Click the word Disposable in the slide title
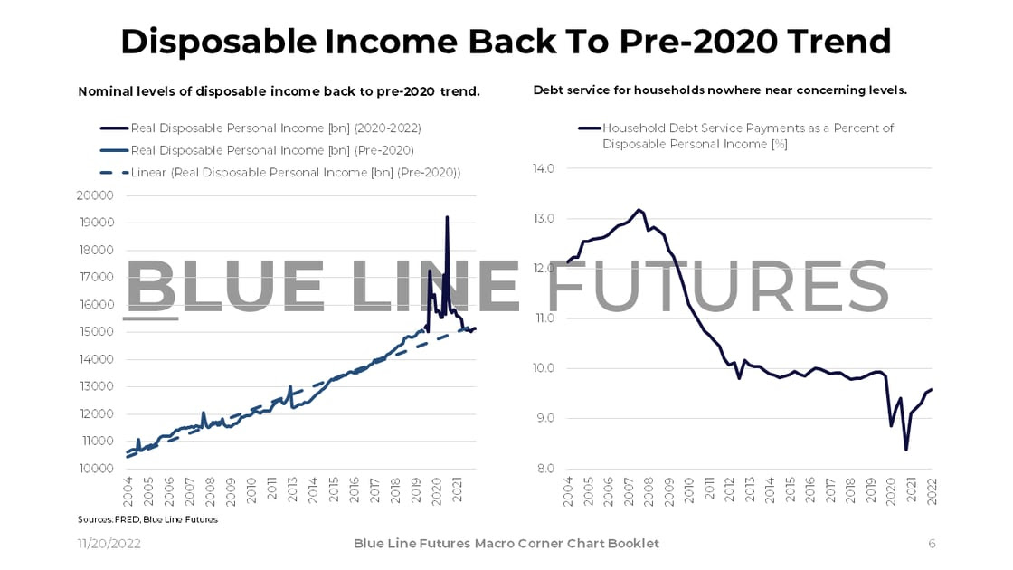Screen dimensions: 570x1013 coord(237,42)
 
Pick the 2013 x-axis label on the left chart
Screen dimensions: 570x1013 coord(293,494)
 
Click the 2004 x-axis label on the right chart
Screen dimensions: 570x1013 coord(568,494)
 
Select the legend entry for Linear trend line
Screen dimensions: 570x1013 coord(295,172)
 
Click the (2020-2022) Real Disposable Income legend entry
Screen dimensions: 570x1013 coord(276,128)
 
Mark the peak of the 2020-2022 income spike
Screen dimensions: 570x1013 coord(446,217)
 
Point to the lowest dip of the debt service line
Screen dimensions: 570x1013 coord(905,450)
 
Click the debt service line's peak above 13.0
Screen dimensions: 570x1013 coord(639,210)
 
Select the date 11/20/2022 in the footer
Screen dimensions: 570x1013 coord(108,543)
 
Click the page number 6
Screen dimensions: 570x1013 coord(932,543)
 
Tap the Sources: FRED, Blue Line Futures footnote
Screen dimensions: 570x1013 coord(147,519)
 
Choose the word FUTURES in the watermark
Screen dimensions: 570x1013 coord(719,288)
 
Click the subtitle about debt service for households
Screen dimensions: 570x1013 coord(720,90)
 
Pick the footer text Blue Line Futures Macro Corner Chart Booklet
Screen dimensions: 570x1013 coord(506,543)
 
